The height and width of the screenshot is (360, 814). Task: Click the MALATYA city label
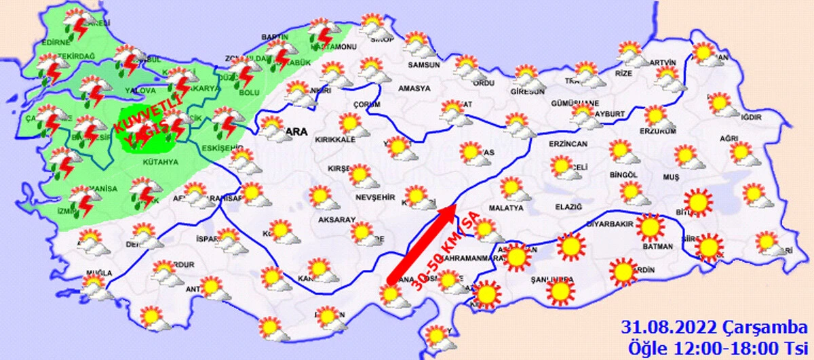(505, 208)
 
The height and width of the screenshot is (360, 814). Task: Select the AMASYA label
(414, 89)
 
